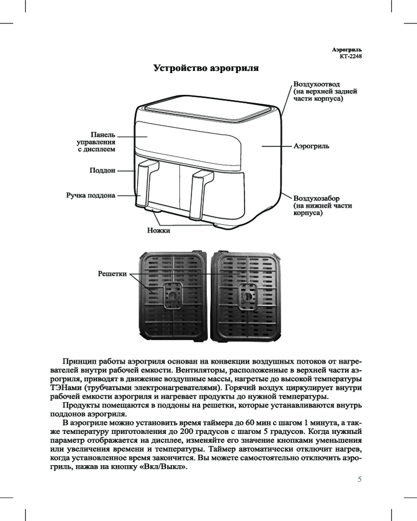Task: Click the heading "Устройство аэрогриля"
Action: (x=206, y=68)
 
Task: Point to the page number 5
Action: (x=359, y=479)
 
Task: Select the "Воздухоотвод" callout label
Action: (x=317, y=84)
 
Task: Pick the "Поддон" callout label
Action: (x=102, y=170)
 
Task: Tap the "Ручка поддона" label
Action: (x=90, y=196)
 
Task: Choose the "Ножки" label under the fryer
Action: (x=159, y=230)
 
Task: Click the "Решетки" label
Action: (x=113, y=274)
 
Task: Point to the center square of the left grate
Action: (x=171, y=295)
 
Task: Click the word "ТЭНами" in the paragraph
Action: (x=59, y=388)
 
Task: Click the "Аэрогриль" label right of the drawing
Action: (x=311, y=147)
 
